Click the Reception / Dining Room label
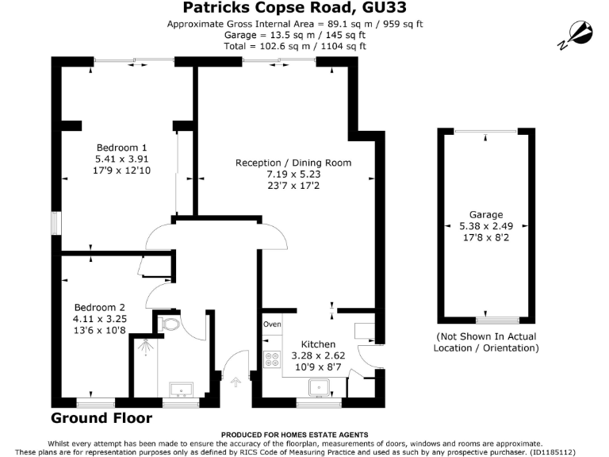coord(293,163)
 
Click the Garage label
coord(486,215)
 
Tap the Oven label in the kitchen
coord(272,324)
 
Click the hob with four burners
coord(272,360)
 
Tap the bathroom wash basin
coord(180,389)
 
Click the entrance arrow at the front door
coord(234,382)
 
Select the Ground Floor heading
coord(101,418)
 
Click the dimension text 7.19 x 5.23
coord(293,175)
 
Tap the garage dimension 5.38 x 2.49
coord(486,226)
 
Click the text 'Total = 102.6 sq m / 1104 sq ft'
coord(294,46)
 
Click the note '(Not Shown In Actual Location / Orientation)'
coord(486,343)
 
